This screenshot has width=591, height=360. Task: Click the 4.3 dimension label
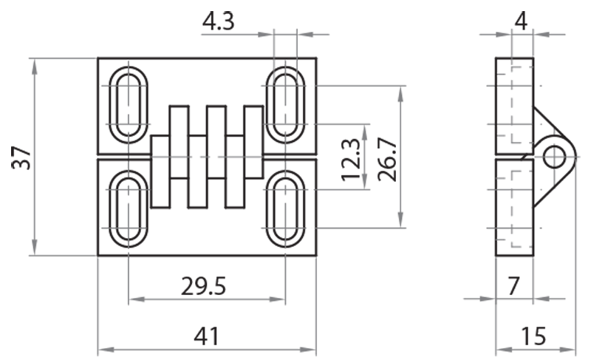coord(218,21)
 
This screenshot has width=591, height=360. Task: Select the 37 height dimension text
coord(21,156)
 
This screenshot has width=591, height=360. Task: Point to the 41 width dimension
coord(206,336)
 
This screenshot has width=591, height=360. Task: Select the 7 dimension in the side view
coord(514,285)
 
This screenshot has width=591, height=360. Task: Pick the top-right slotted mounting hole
coord(285,104)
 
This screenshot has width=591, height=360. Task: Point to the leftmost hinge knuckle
coord(160,171)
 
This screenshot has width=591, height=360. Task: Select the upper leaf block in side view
coord(513,103)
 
